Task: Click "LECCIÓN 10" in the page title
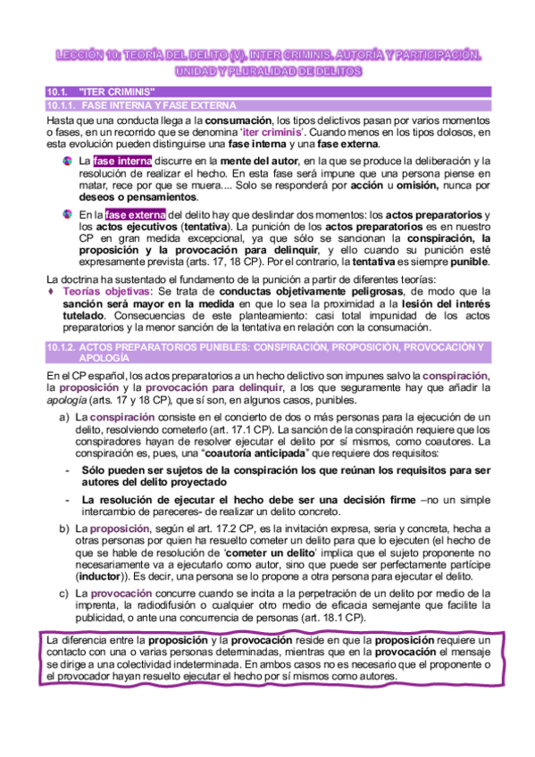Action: (x=83, y=56)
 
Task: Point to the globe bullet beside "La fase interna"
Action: (x=68, y=161)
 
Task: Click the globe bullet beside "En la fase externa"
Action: (x=68, y=215)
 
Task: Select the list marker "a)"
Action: (x=64, y=417)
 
